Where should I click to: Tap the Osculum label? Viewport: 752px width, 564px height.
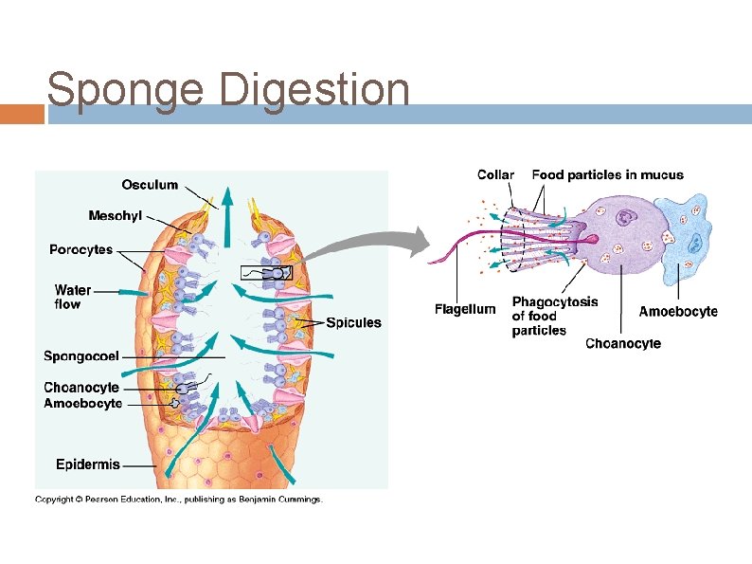pos(150,185)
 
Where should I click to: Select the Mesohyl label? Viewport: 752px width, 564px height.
pos(116,216)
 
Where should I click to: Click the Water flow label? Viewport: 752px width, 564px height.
pos(73,297)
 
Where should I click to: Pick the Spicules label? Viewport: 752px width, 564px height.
pos(353,322)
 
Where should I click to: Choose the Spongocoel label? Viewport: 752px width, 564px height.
pos(81,356)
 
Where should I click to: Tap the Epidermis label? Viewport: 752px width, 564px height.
pos(88,464)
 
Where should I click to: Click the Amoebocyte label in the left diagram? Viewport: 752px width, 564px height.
pos(83,403)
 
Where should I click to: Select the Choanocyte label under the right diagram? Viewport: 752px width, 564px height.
pos(623,343)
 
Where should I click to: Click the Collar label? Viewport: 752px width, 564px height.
pos(496,174)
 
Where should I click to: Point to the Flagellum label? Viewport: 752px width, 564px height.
pos(465,309)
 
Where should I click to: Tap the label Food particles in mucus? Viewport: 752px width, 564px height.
pos(607,174)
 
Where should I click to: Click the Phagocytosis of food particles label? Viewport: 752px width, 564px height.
pos(555,316)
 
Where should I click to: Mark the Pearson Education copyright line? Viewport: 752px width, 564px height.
pos(179,500)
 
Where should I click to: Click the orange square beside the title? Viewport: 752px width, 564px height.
pos(22,114)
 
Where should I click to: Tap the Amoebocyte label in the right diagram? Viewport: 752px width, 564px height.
pos(678,311)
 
